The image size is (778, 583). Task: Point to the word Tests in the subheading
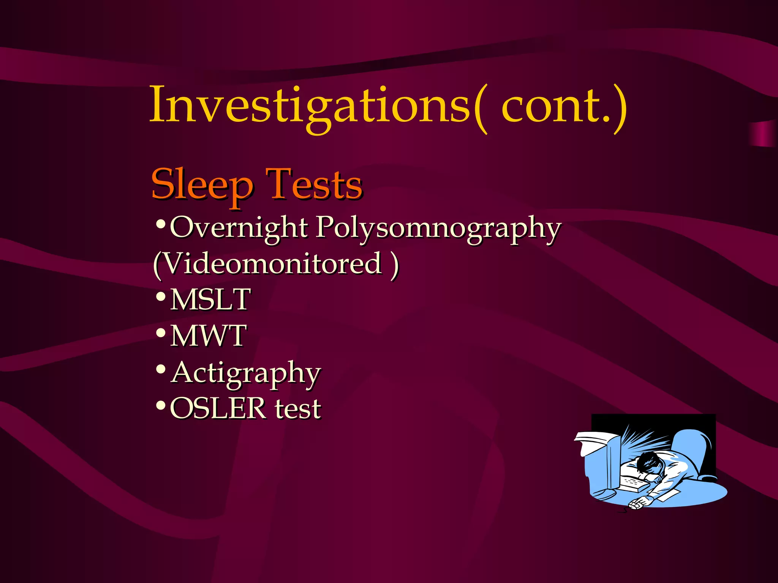coord(314,185)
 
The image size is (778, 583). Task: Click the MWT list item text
coord(209,336)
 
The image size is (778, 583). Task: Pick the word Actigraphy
coord(246,373)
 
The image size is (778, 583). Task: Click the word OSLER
coord(218,408)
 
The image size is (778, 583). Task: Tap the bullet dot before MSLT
coord(161,296)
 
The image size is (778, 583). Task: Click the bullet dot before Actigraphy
coord(161,369)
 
